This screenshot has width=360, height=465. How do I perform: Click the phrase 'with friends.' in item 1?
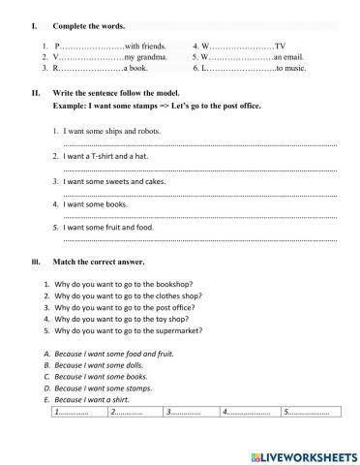144,46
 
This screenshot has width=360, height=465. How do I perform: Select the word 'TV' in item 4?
281,46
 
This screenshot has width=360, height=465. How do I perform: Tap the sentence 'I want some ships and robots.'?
111,130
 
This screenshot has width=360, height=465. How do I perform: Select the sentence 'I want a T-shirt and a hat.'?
106,155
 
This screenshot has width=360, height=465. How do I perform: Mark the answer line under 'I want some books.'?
198,216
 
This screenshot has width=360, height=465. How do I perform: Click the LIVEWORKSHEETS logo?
303,455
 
